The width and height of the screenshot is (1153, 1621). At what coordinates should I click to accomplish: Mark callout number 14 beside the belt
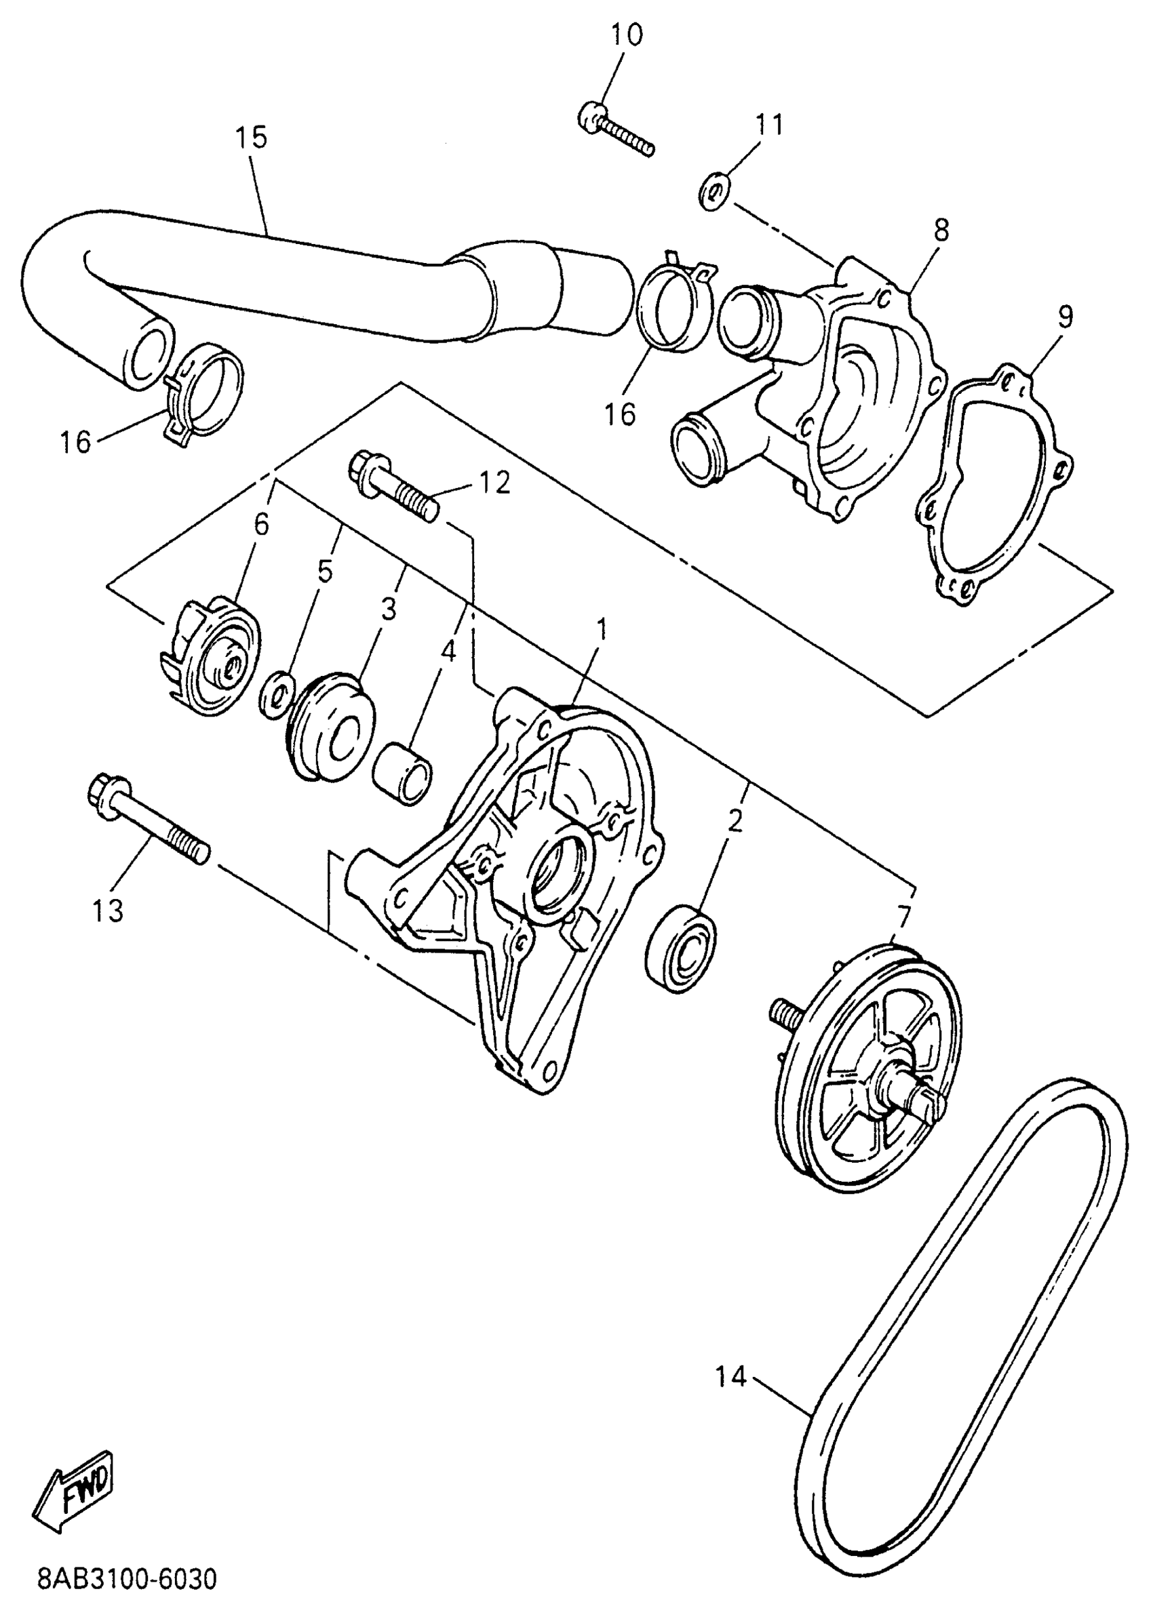[x=731, y=1378]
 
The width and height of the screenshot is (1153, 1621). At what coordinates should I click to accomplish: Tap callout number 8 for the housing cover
[x=941, y=231]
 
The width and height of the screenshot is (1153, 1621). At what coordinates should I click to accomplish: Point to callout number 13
[x=108, y=910]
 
